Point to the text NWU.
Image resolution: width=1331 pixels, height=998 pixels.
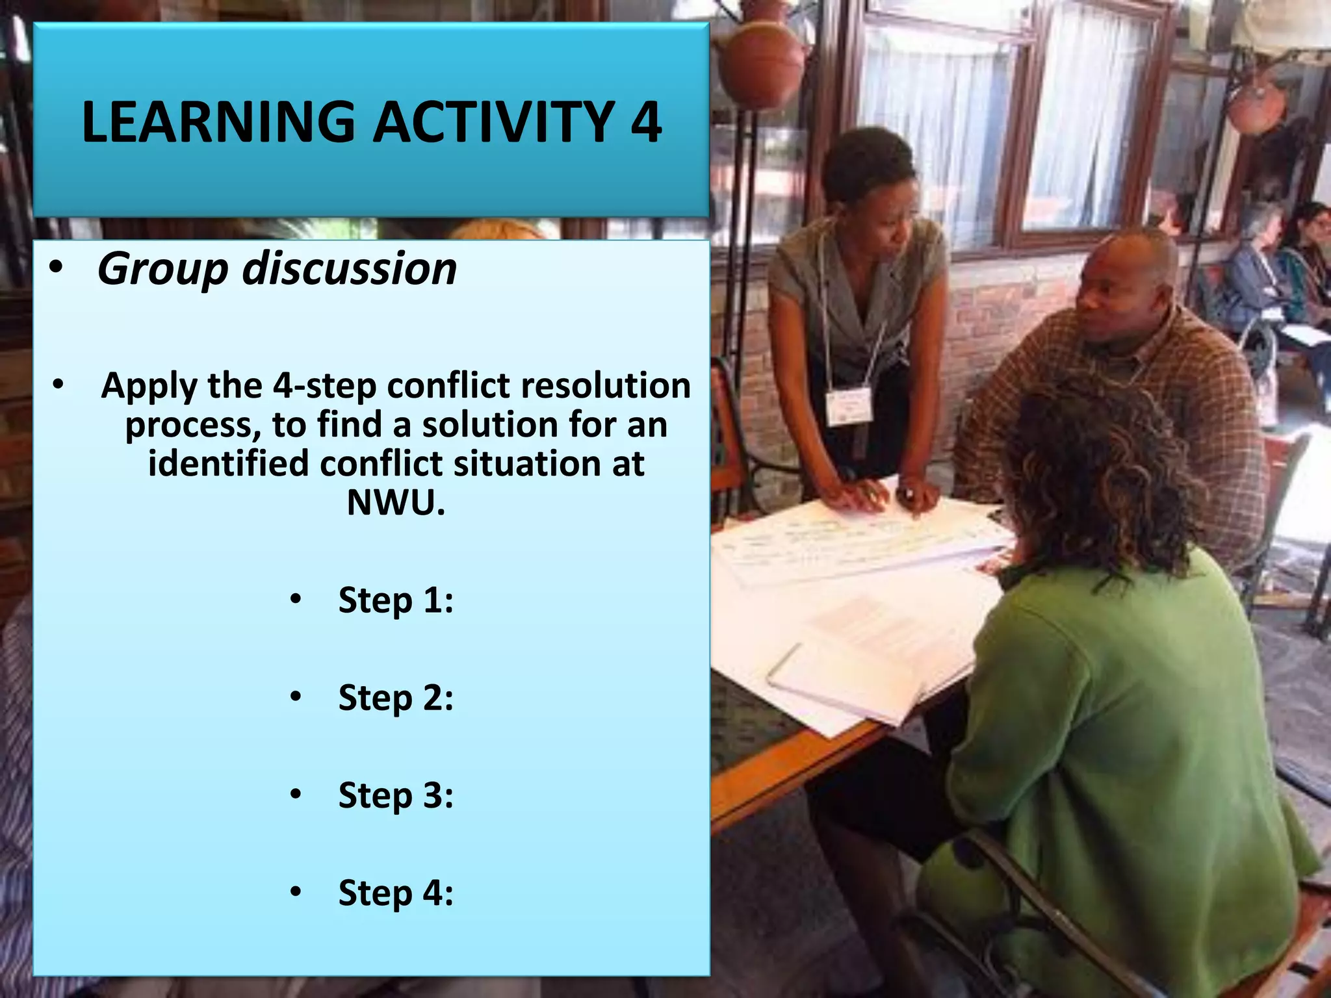pos(396,502)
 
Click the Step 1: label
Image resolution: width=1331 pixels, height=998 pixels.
pos(395,600)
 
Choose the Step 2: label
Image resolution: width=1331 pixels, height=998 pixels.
pos(395,698)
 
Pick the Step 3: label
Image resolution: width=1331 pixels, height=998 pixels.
pos(395,795)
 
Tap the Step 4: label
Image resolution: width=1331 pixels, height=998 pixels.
pos(395,893)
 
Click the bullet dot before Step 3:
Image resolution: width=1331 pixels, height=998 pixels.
pos(296,795)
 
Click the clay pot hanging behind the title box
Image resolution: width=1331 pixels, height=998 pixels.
pos(760,65)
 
